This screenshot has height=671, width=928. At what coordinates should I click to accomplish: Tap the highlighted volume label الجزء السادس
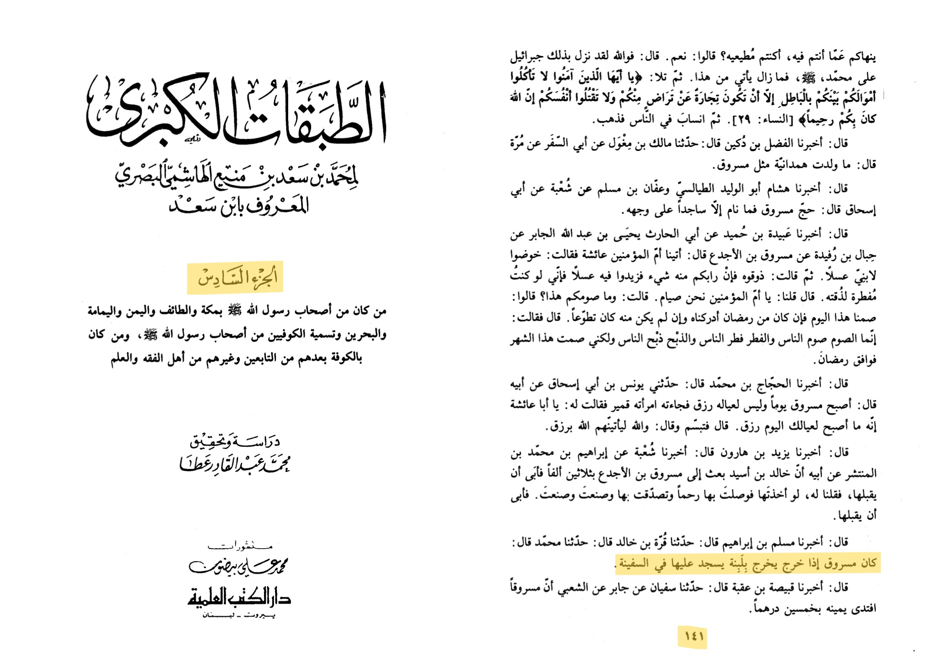tap(236, 277)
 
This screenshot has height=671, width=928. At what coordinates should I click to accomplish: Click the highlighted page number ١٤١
tap(692, 636)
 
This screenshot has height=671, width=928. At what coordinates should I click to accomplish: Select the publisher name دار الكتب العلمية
tap(239, 598)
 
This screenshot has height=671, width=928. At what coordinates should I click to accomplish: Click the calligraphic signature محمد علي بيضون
tap(238, 566)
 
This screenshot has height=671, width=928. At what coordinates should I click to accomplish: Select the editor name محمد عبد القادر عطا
tap(235, 465)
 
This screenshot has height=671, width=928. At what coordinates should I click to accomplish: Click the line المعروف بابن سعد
tap(239, 206)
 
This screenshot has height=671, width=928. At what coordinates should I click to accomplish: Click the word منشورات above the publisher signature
tap(239, 546)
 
